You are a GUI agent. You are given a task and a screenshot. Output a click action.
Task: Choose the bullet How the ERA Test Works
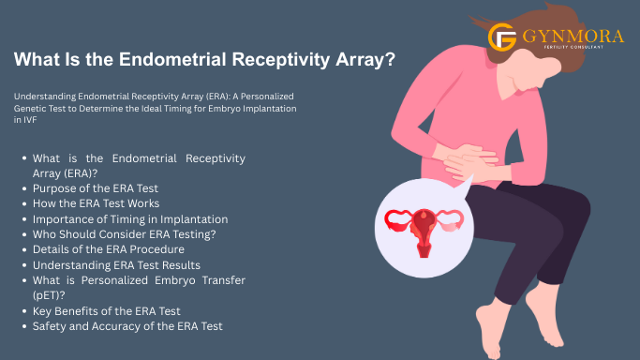point(96,203)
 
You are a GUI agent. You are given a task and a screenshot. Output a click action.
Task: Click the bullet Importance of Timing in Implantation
point(130,218)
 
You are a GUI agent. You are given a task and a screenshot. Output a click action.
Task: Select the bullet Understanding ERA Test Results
point(116,264)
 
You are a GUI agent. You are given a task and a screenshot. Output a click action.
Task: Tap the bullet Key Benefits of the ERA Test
point(106,309)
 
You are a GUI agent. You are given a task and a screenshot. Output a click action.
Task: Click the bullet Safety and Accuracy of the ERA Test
point(127,325)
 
